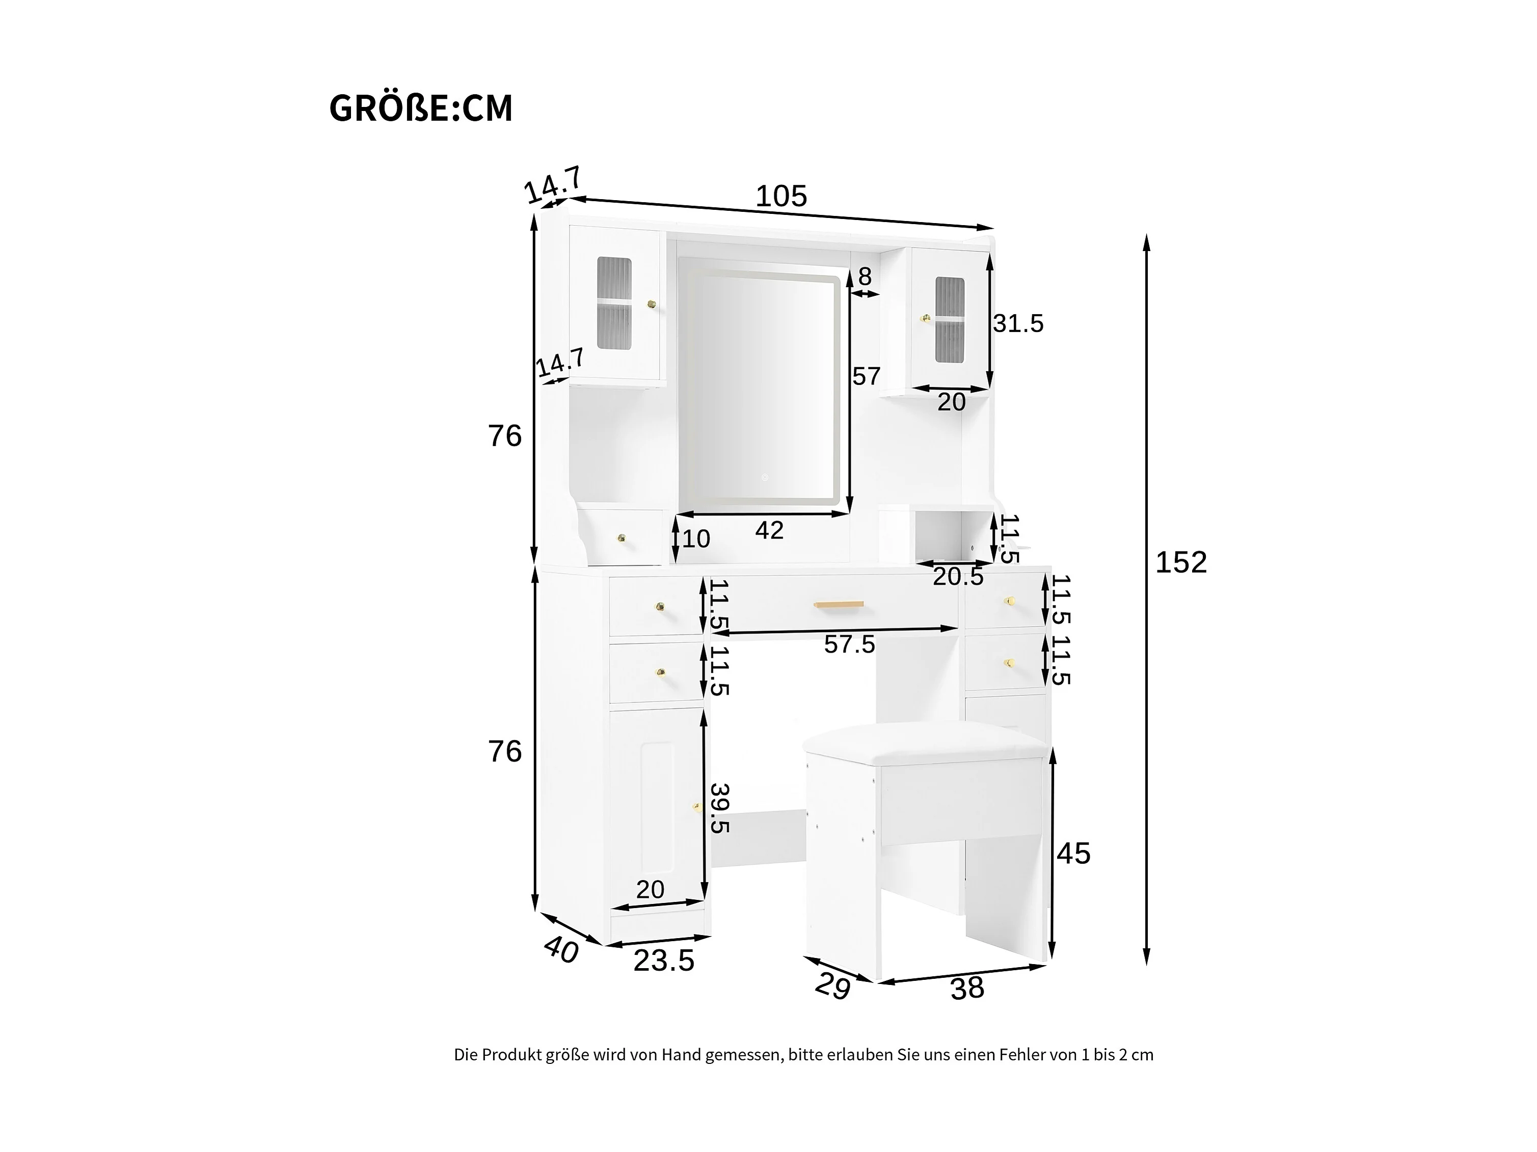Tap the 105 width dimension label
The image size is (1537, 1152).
click(781, 197)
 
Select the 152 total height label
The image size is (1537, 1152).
click(1181, 562)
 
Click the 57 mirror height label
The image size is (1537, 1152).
click(867, 376)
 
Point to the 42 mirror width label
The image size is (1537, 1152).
click(769, 530)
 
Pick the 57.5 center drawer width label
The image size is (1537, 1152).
click(850, 644)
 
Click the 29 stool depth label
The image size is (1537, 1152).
click(833, 986)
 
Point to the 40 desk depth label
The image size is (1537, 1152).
click(561, 949)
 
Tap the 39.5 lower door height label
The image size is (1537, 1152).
click(720, 809)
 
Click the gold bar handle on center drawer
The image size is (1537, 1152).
click(839, 605)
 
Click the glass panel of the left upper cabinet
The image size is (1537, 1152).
click(128, 304)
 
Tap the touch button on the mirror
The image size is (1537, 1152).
click(764, 477)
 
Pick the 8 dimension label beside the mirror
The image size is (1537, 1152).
click(865, 277)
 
